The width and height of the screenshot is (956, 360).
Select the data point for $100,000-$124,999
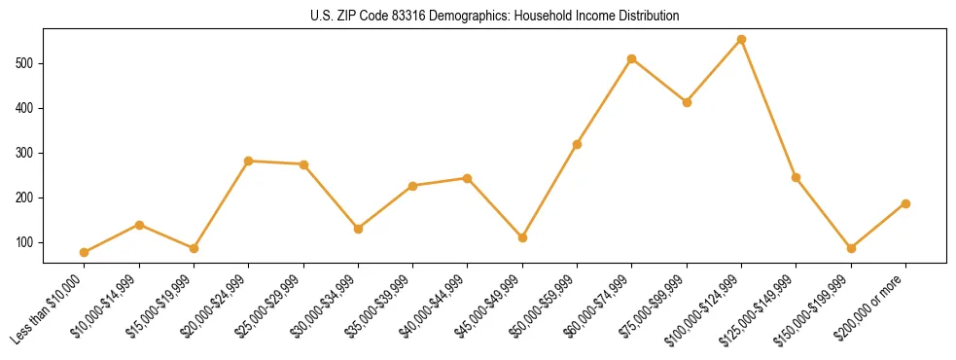pyautogui.click(x=741, y=40)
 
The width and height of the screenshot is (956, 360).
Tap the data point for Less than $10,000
pyautogui.click(x=85, y=252)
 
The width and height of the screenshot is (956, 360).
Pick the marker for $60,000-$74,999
pyautogui.click(x=632, y=59)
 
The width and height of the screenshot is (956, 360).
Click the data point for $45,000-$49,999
pyautogui.click(x=522, y=237)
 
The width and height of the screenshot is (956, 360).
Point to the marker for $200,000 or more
pyautogui.click(x=905, y=203)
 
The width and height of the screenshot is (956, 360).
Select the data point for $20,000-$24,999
pyautogui.click(x=249, y=161)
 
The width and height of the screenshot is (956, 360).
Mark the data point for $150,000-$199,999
pyautogui.click(x=851, y=248)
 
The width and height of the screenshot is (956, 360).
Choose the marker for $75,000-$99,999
pyautogui.click(x=687, y=102)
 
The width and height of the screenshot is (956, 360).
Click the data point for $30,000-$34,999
pyautogui.click(x=358, y=229)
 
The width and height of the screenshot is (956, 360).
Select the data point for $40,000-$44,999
pyautogui.click(x=468, y=178)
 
